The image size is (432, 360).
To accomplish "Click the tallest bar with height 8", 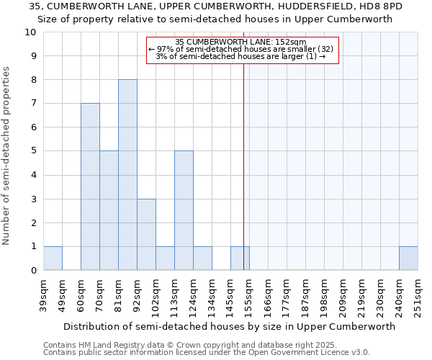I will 127,175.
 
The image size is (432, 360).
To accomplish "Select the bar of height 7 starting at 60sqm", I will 90,187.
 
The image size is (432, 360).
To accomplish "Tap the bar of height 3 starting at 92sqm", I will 146,235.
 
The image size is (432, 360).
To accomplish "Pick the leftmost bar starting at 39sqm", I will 53,258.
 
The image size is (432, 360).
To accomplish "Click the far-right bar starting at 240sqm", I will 408,258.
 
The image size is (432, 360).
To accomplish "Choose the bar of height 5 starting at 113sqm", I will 184,211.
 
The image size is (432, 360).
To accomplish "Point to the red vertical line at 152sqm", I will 243,166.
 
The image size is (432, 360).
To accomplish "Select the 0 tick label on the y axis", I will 33,271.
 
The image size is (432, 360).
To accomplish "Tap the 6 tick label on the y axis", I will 33,127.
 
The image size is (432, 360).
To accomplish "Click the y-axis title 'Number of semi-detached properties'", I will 7,156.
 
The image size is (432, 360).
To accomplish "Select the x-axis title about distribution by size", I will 230,326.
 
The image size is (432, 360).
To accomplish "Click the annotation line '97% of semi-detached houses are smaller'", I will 241,49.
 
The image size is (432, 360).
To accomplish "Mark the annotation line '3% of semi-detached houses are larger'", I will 241,56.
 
